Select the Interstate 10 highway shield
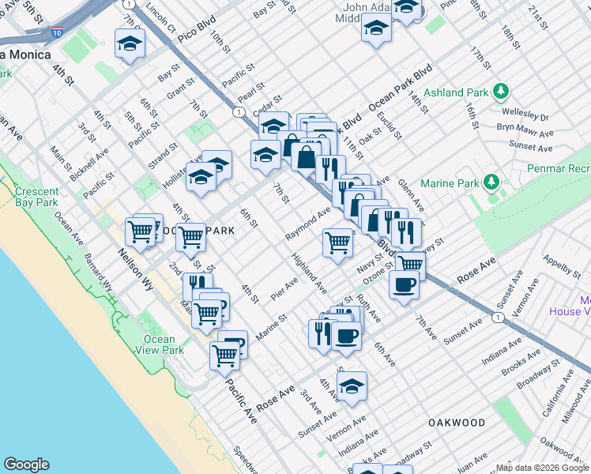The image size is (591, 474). coord(57,32)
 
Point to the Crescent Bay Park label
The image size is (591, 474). coord(36,197)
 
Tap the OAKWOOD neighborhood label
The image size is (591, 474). coord(457,423)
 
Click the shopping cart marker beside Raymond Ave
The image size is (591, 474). coord(338,242)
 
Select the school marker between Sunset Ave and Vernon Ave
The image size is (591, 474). coord(352,386)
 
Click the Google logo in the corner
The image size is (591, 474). coord(26,465)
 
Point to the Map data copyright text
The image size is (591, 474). coord(541,468)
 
